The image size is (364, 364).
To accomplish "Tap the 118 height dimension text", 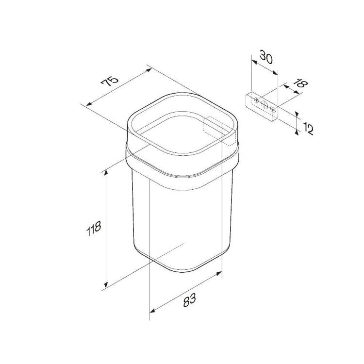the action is coord(94,228).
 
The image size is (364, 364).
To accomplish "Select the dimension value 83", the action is coord(190,300).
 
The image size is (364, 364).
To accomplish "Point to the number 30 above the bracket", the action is coord(266,57).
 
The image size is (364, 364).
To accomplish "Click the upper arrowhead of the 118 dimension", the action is coord(106,172).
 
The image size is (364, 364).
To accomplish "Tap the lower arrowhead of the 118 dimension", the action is coord(106,284).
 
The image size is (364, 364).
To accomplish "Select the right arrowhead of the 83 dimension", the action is coord(219,273).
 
